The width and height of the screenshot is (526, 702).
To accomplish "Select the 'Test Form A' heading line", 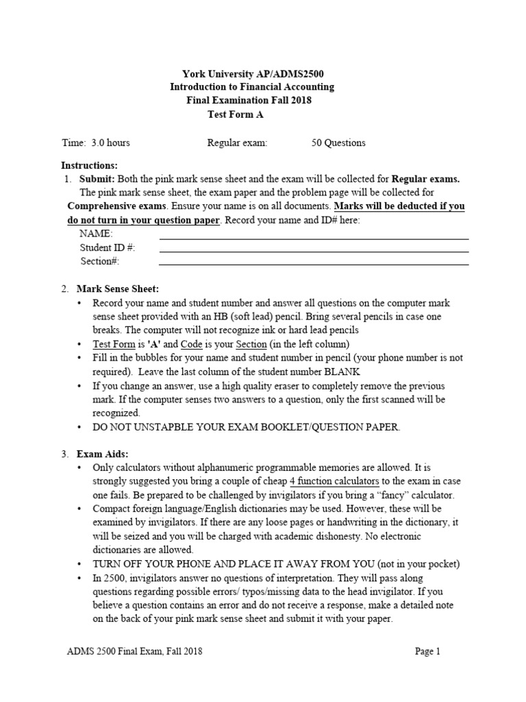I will point(236,114).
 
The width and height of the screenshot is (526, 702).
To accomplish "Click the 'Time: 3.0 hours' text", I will point(96,143).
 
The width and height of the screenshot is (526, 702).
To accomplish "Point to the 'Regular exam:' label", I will point(237,143).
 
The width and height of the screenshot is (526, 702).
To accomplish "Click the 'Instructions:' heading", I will point(90,166).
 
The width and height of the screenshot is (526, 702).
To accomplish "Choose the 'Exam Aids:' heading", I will point(102,454).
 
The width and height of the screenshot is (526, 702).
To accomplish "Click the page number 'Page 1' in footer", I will point(428,652).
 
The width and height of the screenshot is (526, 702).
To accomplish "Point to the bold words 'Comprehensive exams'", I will point(116,206).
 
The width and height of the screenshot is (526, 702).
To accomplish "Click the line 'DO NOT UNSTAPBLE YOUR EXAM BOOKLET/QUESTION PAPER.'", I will point(247,427).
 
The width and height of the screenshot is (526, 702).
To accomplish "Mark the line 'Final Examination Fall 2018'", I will point(249,101).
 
